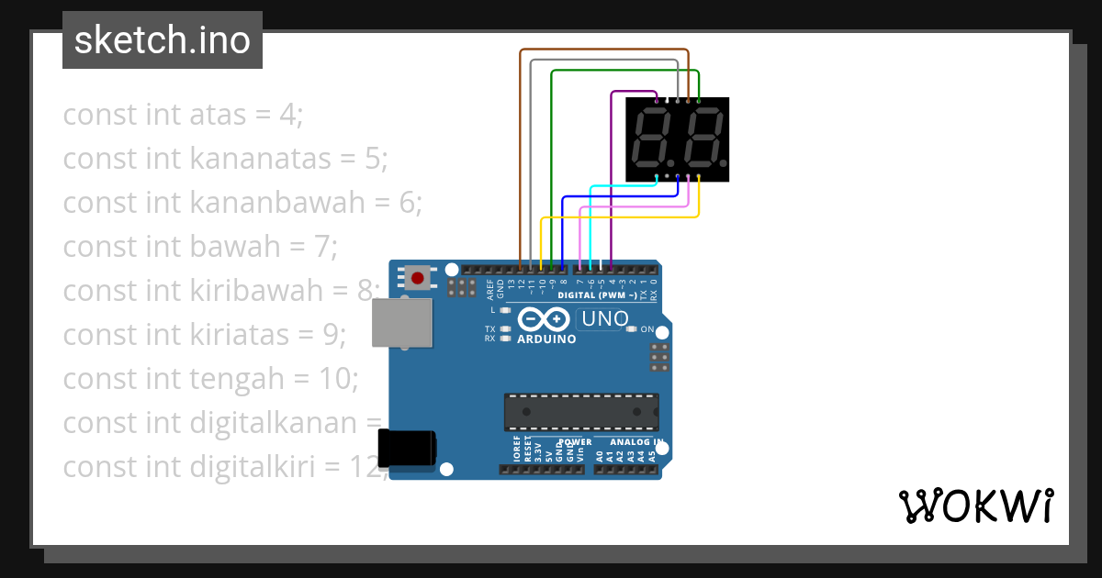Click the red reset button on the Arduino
tap(418, 277)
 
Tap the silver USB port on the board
tap(401, 322)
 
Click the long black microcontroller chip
tap(580, 411)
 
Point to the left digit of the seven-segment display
tap(652, 137)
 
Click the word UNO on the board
tap(604, 319)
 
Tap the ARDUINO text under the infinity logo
tap(546, 339)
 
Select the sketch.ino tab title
tap(163, 40)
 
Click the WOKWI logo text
tap(975, 506)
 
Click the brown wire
tap(521, 156)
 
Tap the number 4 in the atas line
tap(287, 115)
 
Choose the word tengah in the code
tap(232, 379)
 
